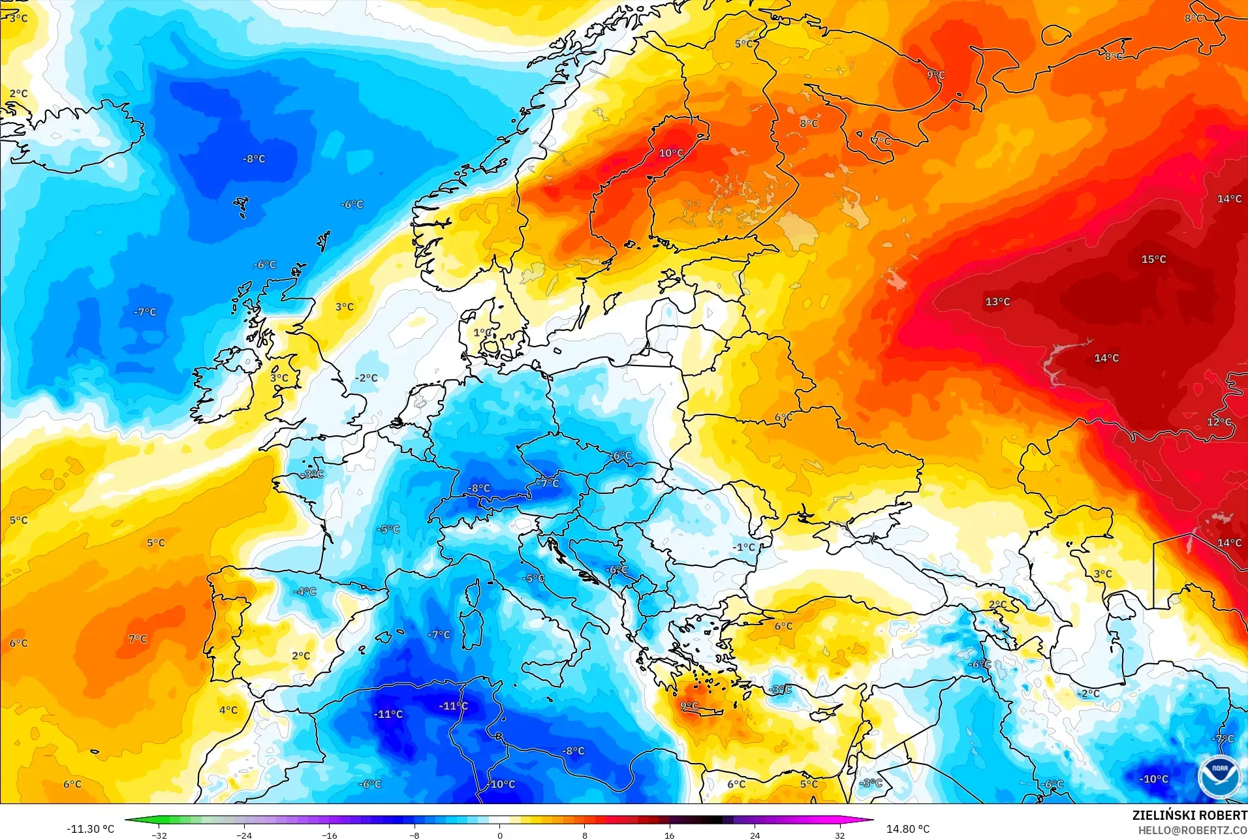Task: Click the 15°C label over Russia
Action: [1153, 260]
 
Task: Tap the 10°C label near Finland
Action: [670, 153]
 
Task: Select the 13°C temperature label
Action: [997, 302]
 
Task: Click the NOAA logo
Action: [1219, 775]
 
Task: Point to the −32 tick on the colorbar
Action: [159, 835]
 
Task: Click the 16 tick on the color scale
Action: [669, 835]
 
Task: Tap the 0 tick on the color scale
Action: [499, 835]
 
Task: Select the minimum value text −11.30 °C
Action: [90, 829]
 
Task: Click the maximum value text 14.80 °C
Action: [907, 829]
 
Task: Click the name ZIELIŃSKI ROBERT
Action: [1189, 815]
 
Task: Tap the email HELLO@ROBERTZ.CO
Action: [1193, 830]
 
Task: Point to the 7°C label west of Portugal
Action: [138, 639]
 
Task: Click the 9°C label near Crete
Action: [689, 706]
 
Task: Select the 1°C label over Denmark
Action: [482, 333]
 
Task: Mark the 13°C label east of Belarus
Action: [997, 302]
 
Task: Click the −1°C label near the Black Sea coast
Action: [743, 548]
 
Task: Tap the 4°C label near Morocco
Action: [228, 710]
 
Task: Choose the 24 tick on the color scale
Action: [755, 835]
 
